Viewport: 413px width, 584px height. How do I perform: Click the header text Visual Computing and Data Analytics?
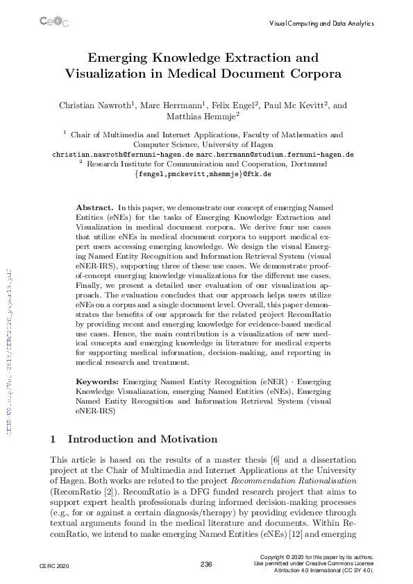321,23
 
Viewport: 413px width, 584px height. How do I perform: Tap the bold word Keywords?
97,381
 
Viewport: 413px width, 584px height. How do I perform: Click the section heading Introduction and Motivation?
142,439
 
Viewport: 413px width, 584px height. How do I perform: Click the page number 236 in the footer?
206,565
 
